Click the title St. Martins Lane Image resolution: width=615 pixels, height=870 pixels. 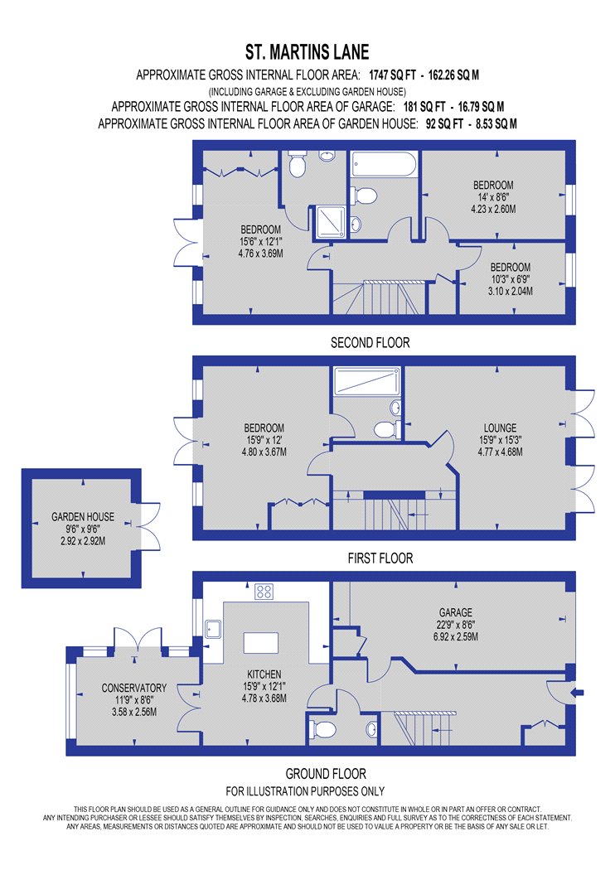point(307,52)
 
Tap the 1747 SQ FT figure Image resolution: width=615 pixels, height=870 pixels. point(392,75)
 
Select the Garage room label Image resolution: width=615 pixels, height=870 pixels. point(456,612)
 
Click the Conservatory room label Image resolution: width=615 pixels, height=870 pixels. point(133,688)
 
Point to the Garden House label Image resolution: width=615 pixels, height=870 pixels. point(83,516)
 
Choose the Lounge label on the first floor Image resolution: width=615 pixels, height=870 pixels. point(500,428)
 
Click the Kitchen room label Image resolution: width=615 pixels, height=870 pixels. point(264,674)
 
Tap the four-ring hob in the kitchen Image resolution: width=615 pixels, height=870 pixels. point(264,592)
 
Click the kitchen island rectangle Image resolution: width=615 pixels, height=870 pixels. point(261,643)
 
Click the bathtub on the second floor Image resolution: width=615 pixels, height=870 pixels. point(384,164)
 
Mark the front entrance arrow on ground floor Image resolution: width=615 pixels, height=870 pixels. point(577,691)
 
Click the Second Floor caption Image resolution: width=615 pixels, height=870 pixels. point(370,343)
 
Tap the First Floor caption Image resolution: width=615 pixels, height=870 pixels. point(380,558)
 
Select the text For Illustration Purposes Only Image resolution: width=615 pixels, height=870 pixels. point(305,791)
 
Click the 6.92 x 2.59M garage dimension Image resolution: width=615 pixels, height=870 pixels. point(456,637)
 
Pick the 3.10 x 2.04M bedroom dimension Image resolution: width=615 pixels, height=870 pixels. point(510,292)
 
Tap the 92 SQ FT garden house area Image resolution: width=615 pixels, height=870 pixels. point(444,123)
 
